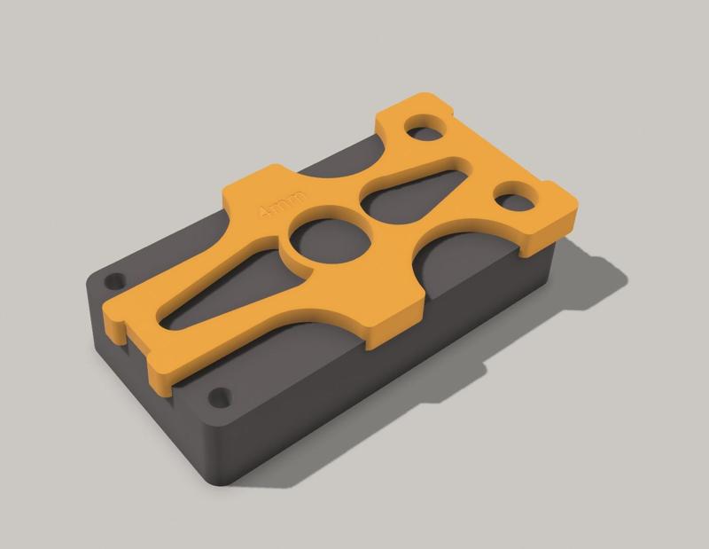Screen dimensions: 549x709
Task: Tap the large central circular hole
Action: click(329, 243)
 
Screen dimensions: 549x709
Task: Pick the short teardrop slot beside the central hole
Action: click(417, 191)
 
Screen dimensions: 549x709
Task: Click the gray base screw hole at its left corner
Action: click(113, 281)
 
